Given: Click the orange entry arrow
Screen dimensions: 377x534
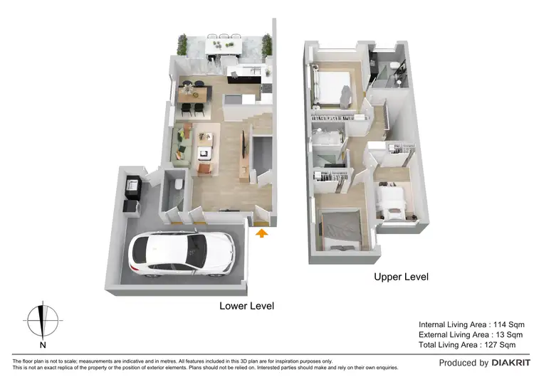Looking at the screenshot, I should click(x=261, y=232).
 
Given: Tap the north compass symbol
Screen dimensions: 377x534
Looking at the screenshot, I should click(x=43, y=320).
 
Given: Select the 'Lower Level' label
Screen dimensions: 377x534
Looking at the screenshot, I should click(x=246, y=306).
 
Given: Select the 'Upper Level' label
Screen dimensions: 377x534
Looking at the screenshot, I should click(x=401, y=277).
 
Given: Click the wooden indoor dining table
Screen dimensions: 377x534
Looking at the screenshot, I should click(x=194, y=92).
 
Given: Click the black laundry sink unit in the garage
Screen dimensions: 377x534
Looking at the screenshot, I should click(x=132, y=186).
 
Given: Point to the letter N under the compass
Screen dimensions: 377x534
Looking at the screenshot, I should click(x=43, y=346).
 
